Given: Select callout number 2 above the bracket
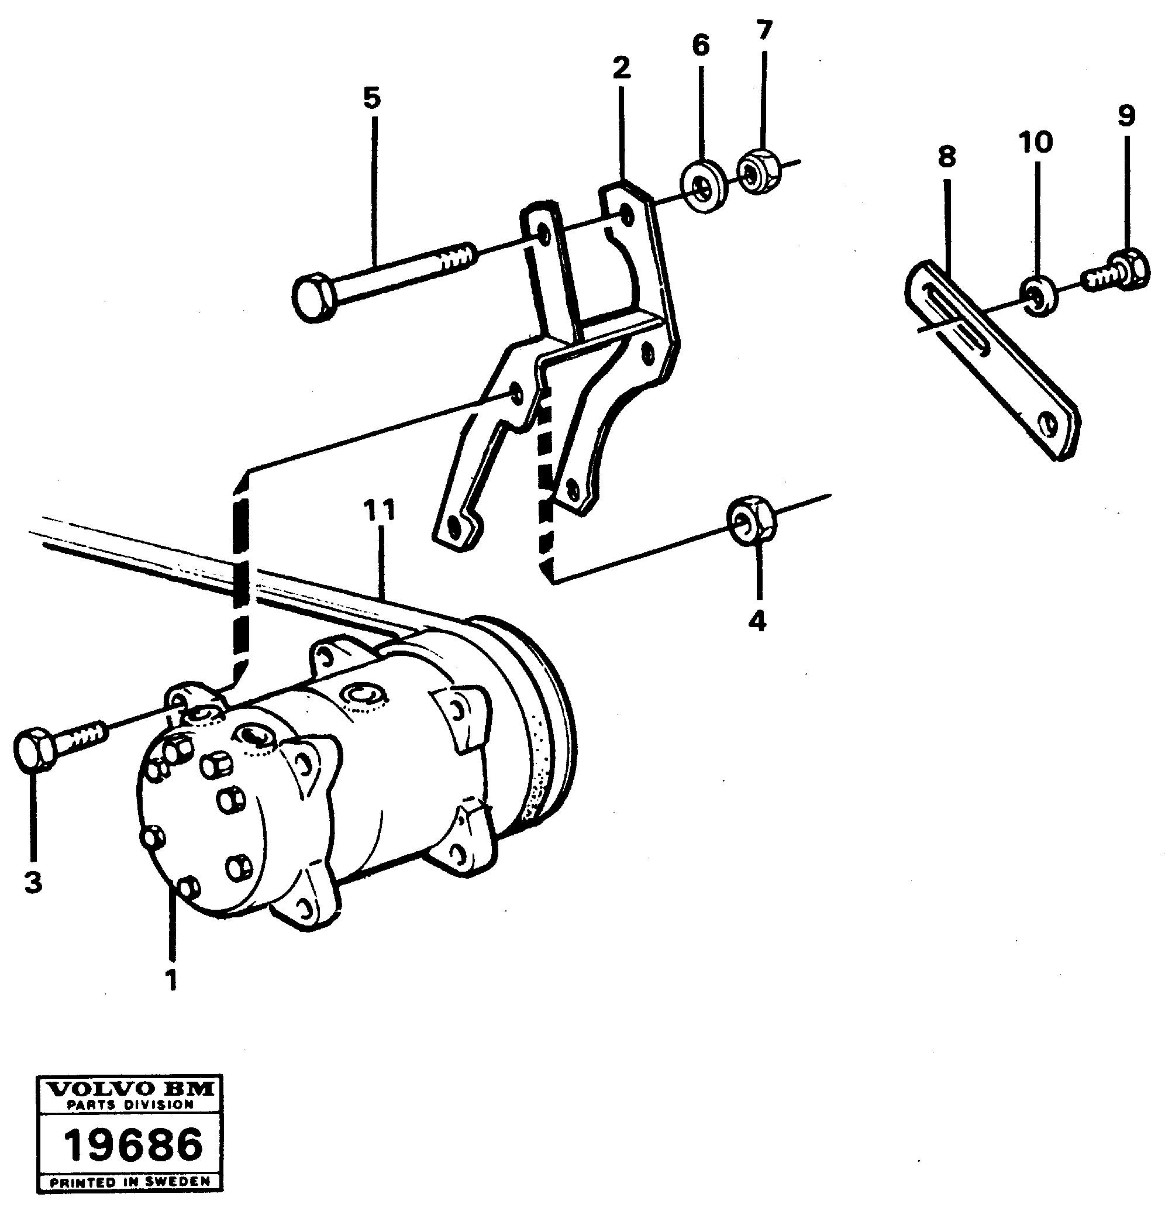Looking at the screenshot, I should [622, 68].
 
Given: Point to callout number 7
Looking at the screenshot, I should [764, 30].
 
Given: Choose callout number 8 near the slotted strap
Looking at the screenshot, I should [946, 157].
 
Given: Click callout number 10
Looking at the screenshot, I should [1036, 142].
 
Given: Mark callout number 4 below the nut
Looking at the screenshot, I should [757, 620].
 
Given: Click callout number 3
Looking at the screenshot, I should [33, 882].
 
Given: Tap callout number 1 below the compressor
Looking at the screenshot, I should [171, 979].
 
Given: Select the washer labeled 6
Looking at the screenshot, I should [704, 186].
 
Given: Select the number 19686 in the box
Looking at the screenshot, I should [133, 1144].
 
